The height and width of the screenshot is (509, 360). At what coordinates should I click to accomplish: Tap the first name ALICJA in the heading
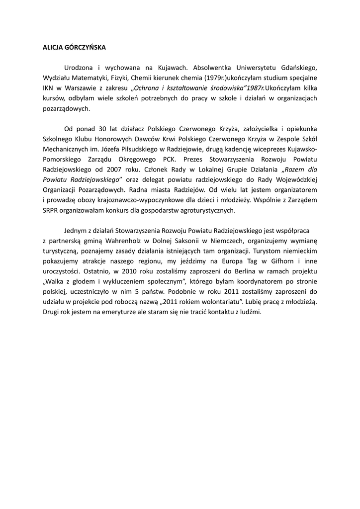(53, 48)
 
